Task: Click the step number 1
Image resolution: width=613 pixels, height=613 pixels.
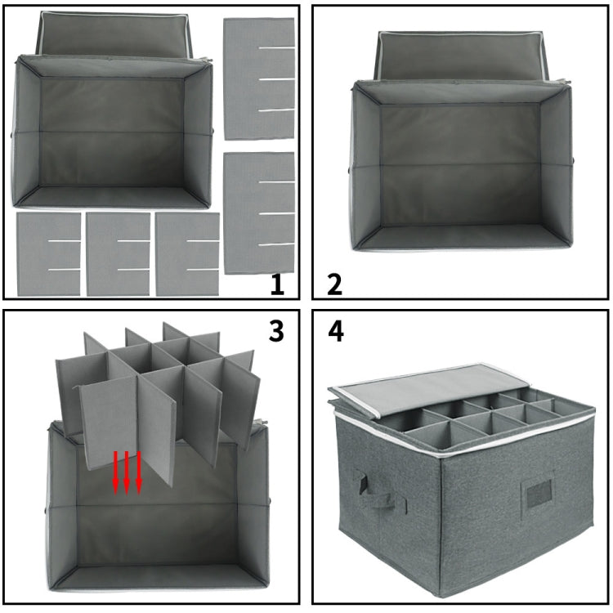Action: click(x=277, y=284)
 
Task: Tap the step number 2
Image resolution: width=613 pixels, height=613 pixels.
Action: click(x=334, y=284)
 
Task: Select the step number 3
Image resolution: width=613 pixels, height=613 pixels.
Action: click(x=277, y=332)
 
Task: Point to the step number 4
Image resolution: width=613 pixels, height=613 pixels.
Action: click(x=335, y=332)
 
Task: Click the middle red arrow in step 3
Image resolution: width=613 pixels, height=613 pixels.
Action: click(x=128, y=472)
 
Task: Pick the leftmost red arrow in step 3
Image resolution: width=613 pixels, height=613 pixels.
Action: click(x=116, y=472)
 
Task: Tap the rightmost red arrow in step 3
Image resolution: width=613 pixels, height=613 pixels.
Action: click(x=139, y=472)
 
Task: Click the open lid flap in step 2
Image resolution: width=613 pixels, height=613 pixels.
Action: click(x=459, y=56)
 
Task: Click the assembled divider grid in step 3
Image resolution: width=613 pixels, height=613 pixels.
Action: click(x=155, y=392)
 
